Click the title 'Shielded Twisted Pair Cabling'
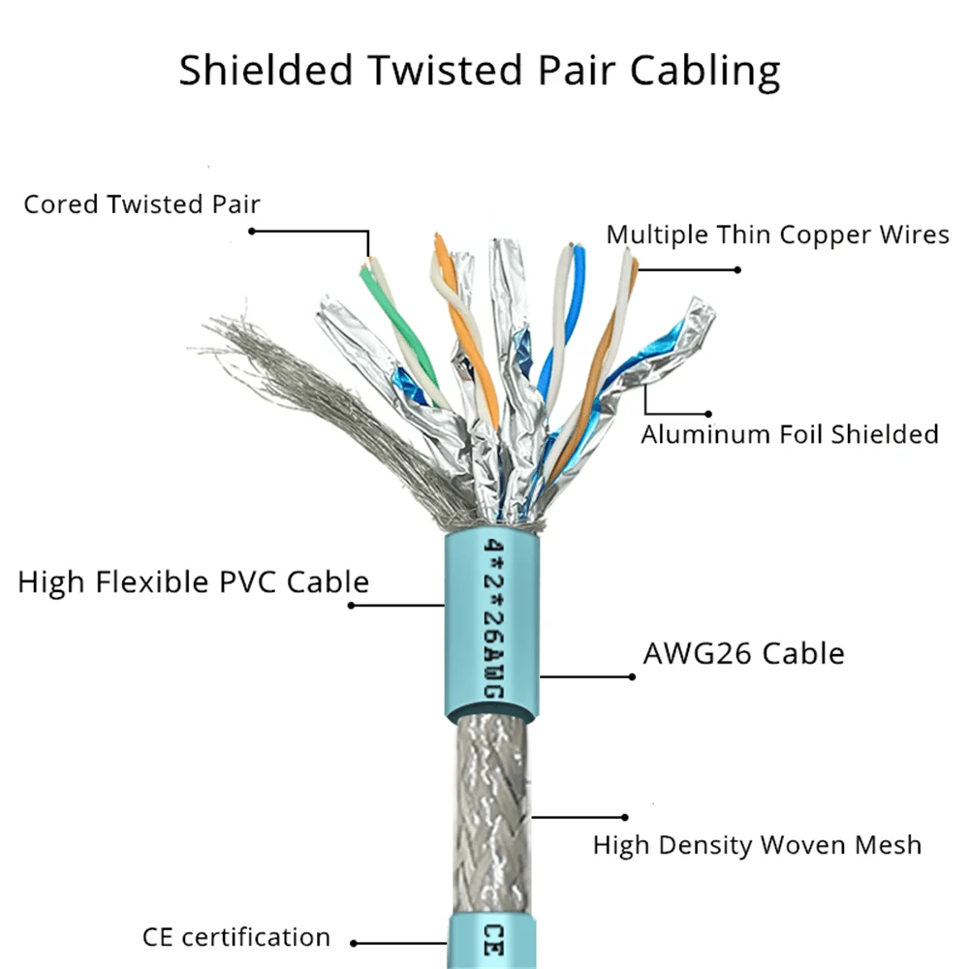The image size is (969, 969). [x=479, y=72]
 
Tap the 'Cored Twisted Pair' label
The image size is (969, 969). [x=142, y=204]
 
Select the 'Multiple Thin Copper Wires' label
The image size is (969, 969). [x=777, y=234]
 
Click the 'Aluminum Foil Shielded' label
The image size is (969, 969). [x=789, y=434]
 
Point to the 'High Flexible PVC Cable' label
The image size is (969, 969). [x=194, y=582]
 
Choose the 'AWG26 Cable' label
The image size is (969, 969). [x=743, y=653]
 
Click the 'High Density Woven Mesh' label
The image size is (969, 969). [x=757, y=845]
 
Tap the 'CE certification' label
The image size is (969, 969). [x=235, y=937]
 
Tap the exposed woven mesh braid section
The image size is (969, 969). [x=489, y=814]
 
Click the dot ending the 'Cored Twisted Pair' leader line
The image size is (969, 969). [x=252, y=231]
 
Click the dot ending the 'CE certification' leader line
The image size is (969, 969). [x=355, y=942]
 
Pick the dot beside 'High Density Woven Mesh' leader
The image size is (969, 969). [x=626, y=817]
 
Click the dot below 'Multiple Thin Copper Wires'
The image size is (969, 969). [x=737, y=270]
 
